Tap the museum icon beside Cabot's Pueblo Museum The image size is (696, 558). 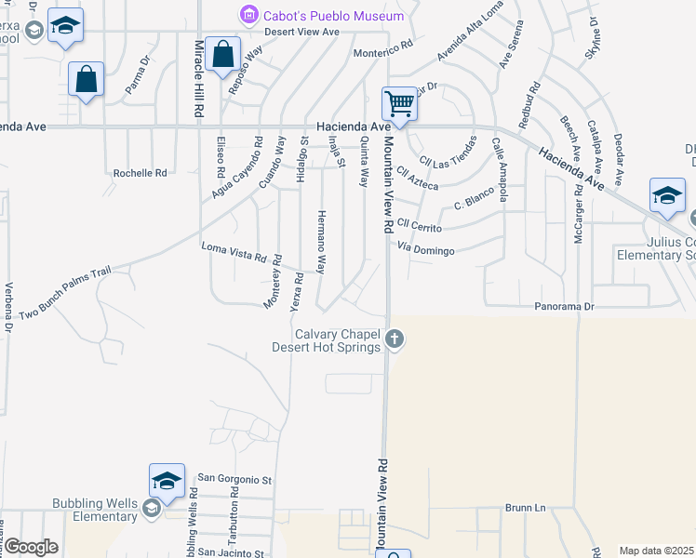tap(248, 14)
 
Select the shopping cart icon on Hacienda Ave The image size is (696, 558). tap(399, 103)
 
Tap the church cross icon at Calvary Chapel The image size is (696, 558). tap(395, 339)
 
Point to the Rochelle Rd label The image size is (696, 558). tap(140, 173)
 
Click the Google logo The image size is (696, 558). tap(31, 546)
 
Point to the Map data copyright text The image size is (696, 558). tap(657, 551)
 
